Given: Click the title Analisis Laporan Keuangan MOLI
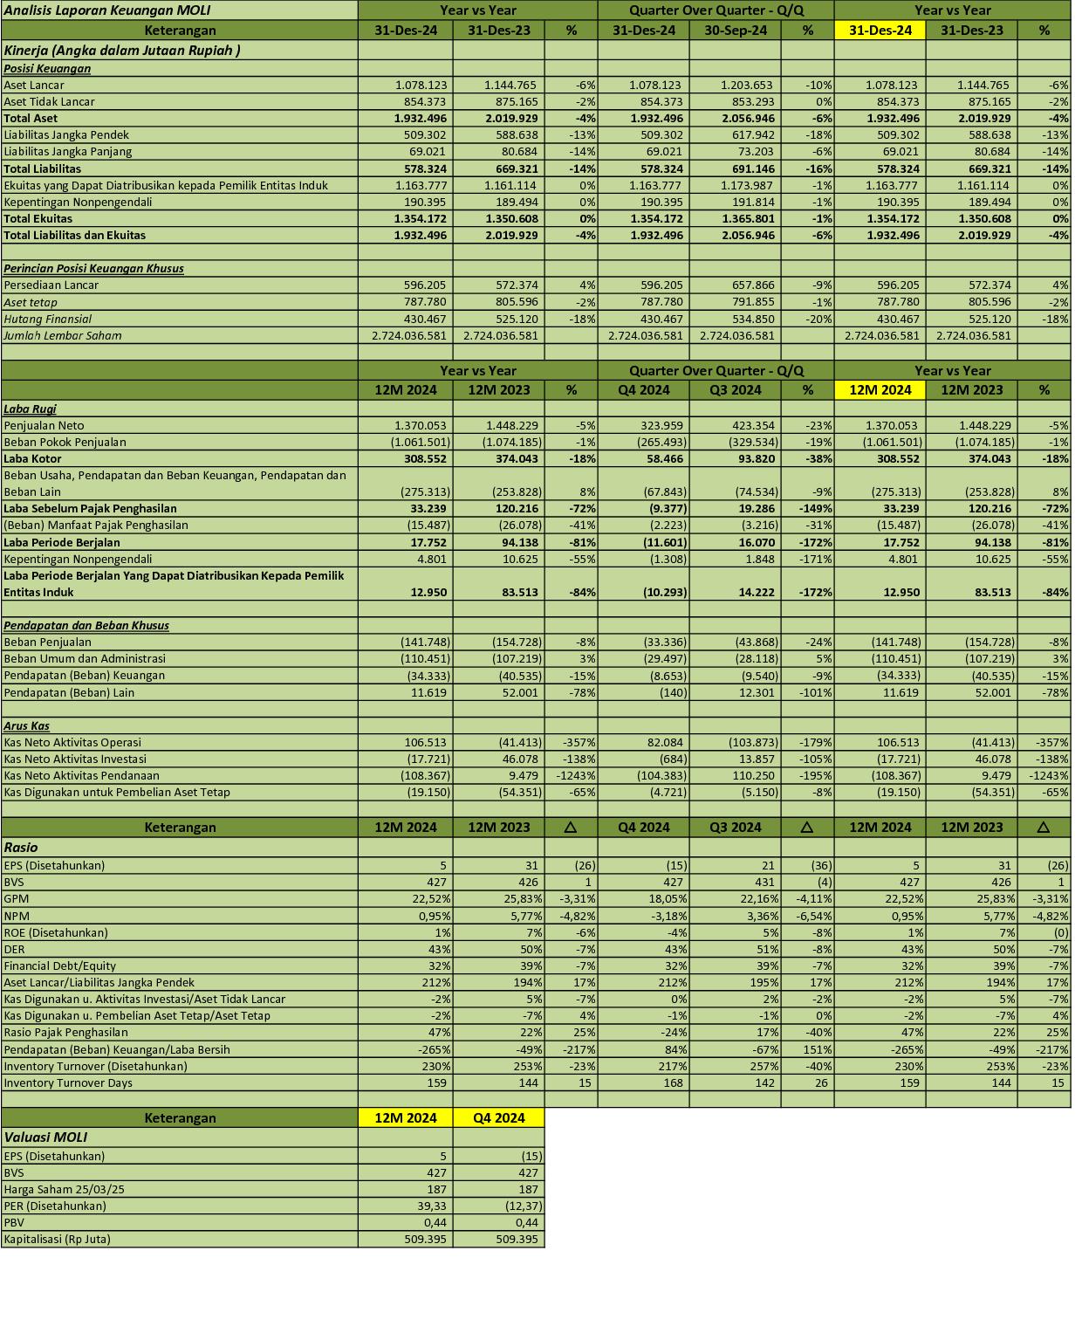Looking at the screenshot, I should [107, 10].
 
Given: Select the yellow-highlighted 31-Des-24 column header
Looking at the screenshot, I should [880, 31].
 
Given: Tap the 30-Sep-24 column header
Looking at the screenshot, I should [735, 31].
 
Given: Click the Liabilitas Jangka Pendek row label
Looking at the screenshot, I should [66, 135].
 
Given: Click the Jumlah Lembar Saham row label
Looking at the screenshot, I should [63, 336].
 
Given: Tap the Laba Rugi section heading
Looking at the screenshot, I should [30, 409].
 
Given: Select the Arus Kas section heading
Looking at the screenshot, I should [27, 726].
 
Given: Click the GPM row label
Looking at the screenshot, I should [17, 899].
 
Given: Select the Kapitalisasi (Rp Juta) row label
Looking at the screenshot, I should [58, 1240].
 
